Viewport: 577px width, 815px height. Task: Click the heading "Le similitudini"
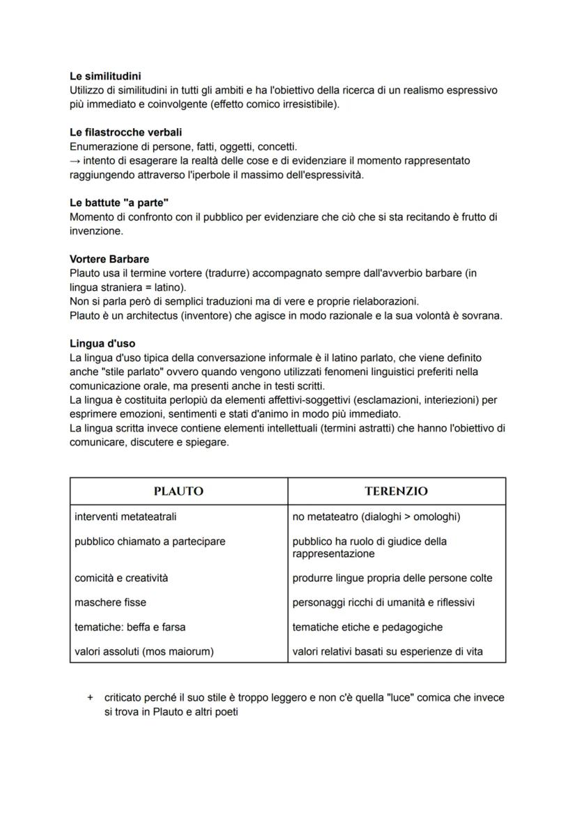(107, 77)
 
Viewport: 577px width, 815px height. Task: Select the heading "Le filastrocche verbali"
(126, 132)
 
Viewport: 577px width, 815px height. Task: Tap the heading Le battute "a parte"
(119, 203)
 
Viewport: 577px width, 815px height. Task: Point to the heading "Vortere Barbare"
(109, 259)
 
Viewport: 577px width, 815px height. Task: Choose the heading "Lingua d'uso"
(102, 343)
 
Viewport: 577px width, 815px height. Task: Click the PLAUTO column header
(178, 491)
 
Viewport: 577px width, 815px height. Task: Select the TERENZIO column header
(396, 491)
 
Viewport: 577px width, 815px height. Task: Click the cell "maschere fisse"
(110, 602)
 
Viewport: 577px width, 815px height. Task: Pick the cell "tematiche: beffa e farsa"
(130, 627)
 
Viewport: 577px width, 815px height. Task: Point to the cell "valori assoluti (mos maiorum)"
(144, 651)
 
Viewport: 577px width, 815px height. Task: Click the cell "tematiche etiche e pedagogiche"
(367, 627)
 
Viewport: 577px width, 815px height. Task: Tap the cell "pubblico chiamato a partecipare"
(150, 541)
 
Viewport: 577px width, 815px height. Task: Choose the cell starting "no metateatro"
(376, 517)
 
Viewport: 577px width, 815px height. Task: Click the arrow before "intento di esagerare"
(75, 161)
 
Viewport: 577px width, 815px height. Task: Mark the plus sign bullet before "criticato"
(89, 697)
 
